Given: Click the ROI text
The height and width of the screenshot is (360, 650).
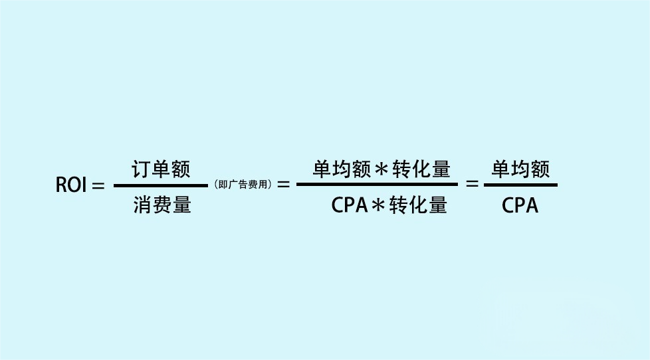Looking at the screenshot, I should point(72,185).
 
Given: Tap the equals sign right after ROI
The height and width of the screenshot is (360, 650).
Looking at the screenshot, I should point(98,186).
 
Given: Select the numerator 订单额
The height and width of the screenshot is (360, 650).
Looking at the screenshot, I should point(161,170).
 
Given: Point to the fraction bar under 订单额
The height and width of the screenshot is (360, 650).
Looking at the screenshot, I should point(161,186).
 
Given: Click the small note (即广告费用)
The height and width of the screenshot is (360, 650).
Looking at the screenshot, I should point(243,185).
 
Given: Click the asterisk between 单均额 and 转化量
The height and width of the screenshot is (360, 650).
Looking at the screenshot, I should point(381,170).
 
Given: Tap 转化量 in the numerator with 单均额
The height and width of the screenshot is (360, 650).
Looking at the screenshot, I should point(421,170).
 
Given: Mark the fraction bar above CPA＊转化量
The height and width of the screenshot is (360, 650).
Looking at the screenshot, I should point(377,185).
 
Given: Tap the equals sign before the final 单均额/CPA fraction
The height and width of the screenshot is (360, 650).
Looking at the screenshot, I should point(473,185).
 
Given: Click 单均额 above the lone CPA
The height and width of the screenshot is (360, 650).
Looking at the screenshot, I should point(520,170).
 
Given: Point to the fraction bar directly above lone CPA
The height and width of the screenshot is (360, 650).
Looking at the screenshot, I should point(520,185).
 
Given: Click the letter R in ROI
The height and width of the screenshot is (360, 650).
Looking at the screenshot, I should point(61,185).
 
